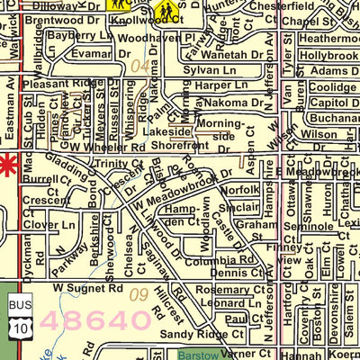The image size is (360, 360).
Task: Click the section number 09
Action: tap(138, 294)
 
